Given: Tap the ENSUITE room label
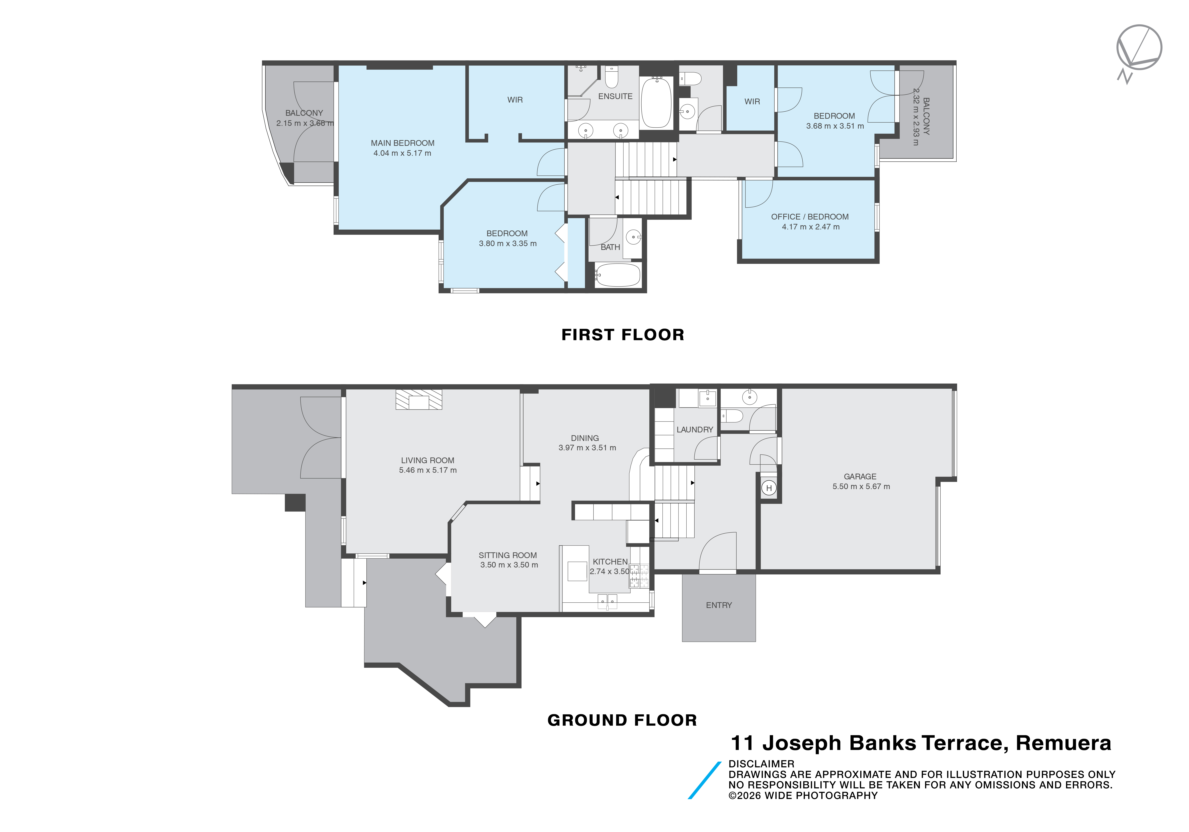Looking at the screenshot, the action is pyautogui.click(x=615, y=96).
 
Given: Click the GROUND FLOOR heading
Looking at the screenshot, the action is pyautogui.click(x=622, y=720).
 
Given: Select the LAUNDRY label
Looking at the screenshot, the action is pyautogui.click(x=694, y=430).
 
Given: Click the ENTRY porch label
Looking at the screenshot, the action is pyautogui.click(x=719, y=605).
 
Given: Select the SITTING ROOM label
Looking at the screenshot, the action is pyautogui.click(x=508, y=555).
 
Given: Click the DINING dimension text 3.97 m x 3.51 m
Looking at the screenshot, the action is pyautogui.click(x=587, y=448).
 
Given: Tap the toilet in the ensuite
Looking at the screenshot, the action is pyautogui.click(x=612, y=77).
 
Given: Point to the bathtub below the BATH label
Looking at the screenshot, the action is pyautogui.click(x=617, y=275).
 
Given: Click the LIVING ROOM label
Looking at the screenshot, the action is pyautogui.click(x=428, y=460).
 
